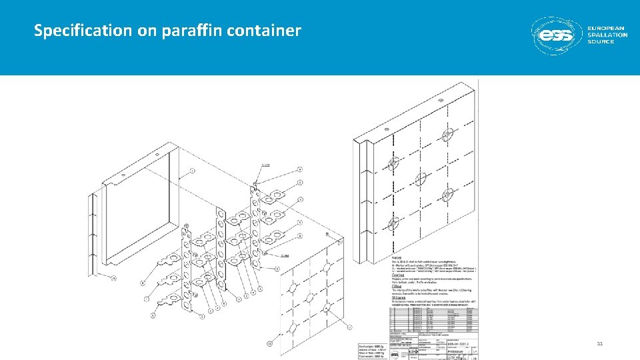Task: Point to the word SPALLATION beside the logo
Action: [x=607, y=35]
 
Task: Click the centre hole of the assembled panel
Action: [x=420, y=179]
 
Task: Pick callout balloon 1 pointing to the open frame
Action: [x=193, y=171]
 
